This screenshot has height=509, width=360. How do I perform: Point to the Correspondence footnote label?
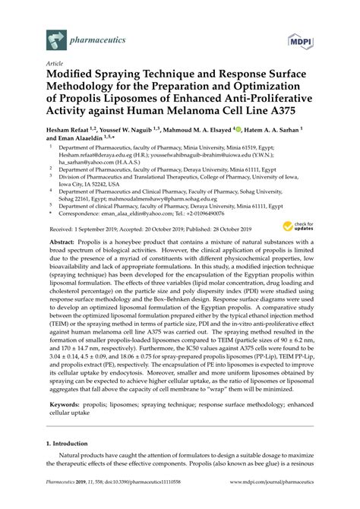coord(86,215)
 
